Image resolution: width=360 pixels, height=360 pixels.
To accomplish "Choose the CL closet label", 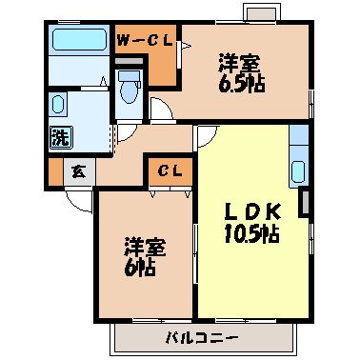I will [x=170, y=171].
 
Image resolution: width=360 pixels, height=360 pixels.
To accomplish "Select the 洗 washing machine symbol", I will [x=59, y=136].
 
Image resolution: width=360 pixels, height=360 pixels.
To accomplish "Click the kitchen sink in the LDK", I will [x=299, y=170].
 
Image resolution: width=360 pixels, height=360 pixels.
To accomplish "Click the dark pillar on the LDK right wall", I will [x=305, y=202].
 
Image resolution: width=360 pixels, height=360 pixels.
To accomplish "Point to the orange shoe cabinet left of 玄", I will [x=54, y=172].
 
